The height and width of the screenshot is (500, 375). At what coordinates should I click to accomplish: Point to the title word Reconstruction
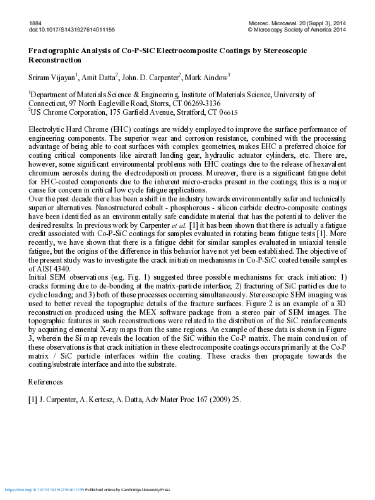(55, 59)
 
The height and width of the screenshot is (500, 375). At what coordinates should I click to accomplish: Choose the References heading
(46, 382)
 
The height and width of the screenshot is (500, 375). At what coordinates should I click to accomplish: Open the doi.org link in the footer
(44, 490)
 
